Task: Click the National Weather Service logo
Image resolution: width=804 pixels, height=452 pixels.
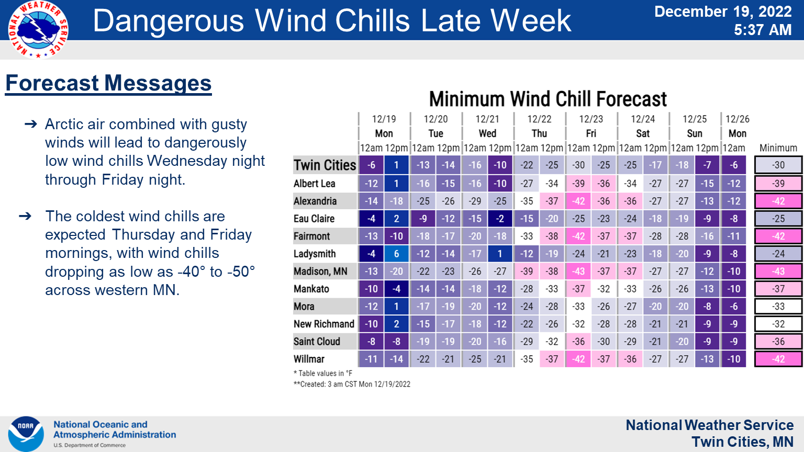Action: tap(38, 29)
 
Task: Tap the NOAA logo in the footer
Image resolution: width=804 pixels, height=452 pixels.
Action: tap(26, 434)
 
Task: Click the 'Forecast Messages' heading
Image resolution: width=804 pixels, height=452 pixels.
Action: tap(108, 83)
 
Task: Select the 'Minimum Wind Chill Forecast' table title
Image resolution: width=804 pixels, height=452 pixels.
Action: tap(548, 99)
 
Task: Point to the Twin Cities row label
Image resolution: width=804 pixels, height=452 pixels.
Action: tap(325, 165)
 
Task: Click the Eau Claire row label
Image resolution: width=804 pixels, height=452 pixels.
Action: tap(314, 219)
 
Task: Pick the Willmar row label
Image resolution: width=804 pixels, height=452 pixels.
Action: tap(309, 359)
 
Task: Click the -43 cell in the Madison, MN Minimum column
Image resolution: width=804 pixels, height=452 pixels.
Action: tap(778, 271)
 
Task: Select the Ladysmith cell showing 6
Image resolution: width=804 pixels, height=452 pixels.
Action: tap(397, 254)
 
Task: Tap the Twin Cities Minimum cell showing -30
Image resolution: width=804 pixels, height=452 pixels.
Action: tap(778, 165)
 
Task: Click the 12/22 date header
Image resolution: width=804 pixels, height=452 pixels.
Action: tap(539, 119)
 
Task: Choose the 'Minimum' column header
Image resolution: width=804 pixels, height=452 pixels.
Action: tap(778, 148)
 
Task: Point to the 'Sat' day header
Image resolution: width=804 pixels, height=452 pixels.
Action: tap(643, 133)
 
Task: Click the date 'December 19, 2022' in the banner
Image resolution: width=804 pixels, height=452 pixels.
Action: tap(723, 12)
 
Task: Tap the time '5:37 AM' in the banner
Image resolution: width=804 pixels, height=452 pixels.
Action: tap(763, 30)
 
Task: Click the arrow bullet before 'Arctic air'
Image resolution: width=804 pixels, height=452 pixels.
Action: tap(31, 125)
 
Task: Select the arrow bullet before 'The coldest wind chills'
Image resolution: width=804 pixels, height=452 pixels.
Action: tap(25, 216)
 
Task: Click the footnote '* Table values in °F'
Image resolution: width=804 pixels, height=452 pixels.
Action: tap(323, 373)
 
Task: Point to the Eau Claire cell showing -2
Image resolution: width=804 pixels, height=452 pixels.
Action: tap(500, 219)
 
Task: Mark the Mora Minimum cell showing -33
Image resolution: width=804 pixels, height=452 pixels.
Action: tap(778, 307)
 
